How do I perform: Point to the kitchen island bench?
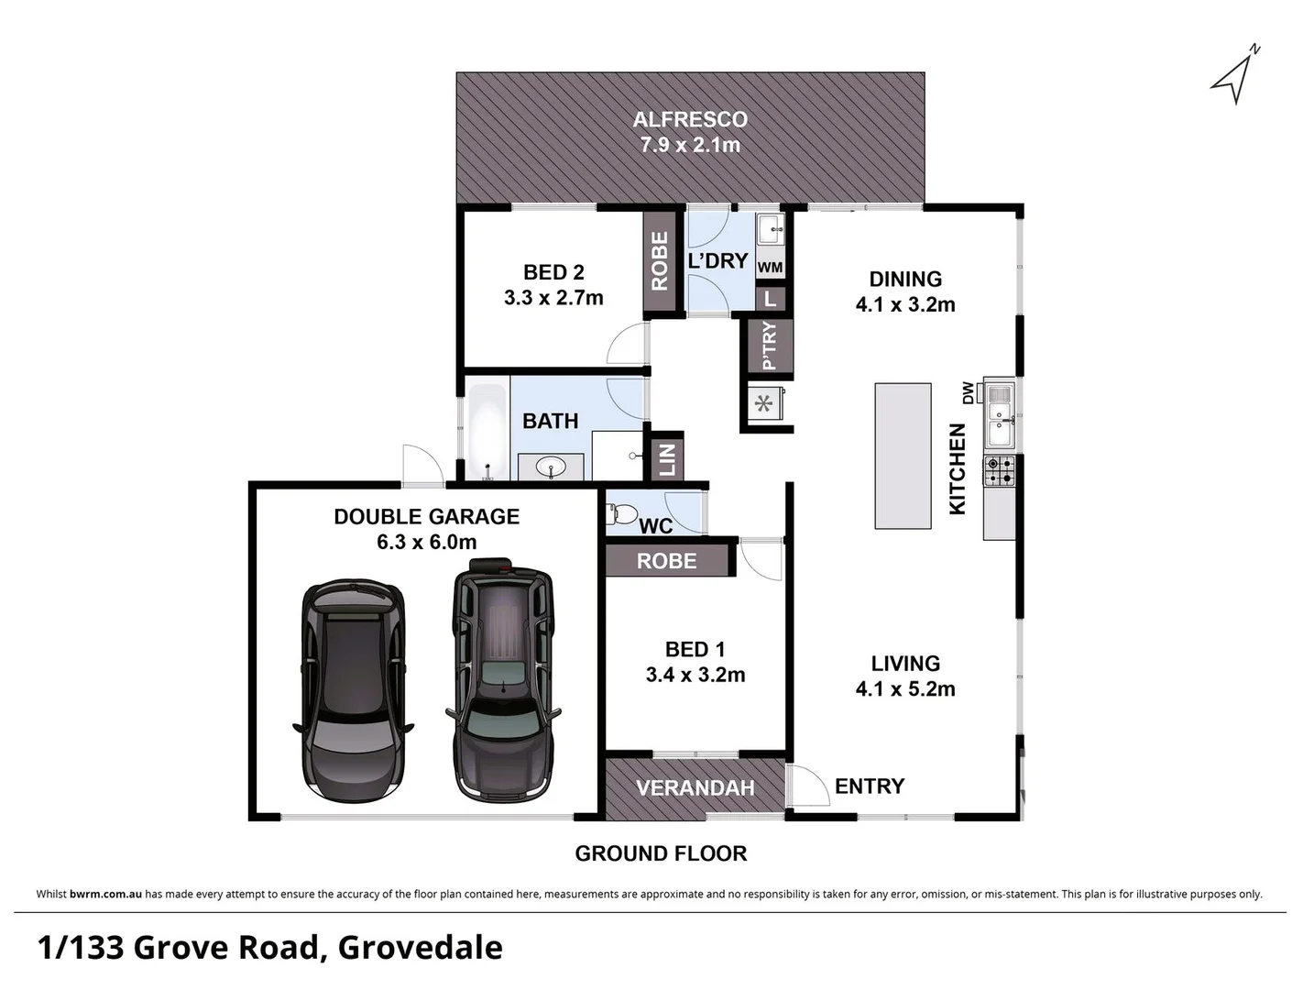tap(903, 456)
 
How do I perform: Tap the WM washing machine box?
tap(770, 268)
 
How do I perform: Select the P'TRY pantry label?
tap(769, 346)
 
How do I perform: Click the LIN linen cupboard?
tap(667, 457)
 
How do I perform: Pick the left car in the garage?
tap(353, 688)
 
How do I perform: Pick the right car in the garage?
tap(503, 678)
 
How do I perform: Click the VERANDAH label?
tap(695, 788)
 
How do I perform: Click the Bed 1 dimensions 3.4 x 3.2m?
tap(695, 676)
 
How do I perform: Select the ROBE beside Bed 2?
tap(660, 261)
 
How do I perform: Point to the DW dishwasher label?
tap(968, 392)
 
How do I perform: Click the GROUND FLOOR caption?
tap(661, 853)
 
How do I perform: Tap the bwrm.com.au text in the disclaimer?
tap(105, 894)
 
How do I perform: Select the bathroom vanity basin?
tap(551, 467)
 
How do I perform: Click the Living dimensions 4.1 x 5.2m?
tap(905, 689)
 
